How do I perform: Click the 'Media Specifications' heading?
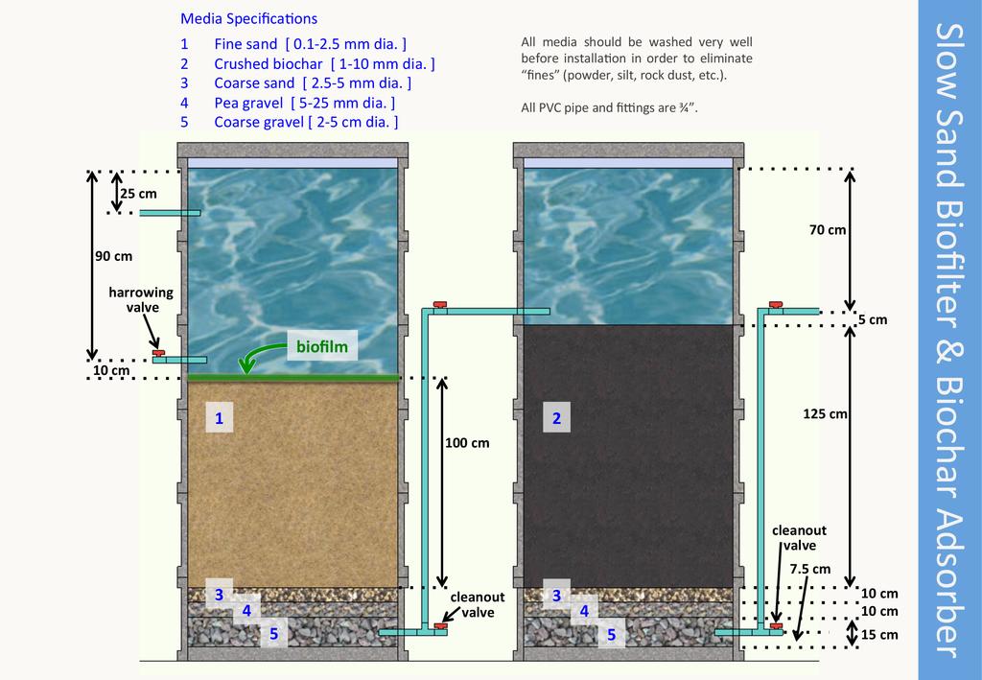tap(248, 18)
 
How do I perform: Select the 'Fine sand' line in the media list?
tap(292, 44)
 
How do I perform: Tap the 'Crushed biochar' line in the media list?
tap(307, 63)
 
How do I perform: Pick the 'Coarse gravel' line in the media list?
tap(289, 122)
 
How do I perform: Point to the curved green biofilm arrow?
tap(255, 356)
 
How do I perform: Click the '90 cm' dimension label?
tap(113, 256)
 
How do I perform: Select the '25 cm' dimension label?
tap(138, 193)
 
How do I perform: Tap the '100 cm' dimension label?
tap(468, 443)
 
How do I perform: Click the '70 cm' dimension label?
tap(827, 230)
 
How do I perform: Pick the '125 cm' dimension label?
tap(825, 414)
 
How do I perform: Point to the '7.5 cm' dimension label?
tap(810, 569)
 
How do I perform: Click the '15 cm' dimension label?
tap(880, 634)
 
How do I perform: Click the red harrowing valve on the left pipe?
tap(158, 354)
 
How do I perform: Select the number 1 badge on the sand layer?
tap(220, 418)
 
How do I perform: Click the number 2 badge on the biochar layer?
tap(556, 418)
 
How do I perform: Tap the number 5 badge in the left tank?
tap(273, 633)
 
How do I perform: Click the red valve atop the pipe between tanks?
tap(439, 305)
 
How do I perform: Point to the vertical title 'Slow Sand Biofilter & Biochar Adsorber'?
tap(949, 340)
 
